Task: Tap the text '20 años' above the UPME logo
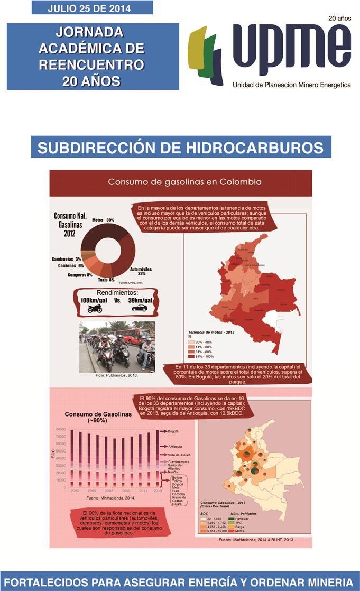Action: (x=339, y=18)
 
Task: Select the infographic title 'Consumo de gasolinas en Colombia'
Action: (x=184, y=182)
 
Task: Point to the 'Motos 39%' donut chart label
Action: (x=103, y=220)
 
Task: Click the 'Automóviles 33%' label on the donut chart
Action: (x=141, y=272)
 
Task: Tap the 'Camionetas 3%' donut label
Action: (x=67, y=259)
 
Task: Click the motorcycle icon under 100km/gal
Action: (x=95, y=309)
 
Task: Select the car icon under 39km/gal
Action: (x=140, y=308)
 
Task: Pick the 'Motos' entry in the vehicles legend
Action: (x=239, y=530)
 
